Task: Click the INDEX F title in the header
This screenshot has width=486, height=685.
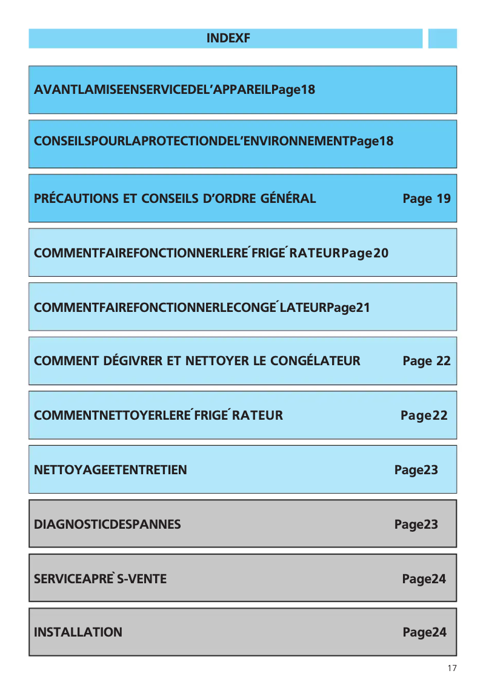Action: click(228, 39)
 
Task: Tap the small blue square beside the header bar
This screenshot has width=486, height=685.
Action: click(442, 39)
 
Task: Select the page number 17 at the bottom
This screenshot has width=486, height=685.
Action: click(451, 668)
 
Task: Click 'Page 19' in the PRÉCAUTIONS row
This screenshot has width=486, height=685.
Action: click(427, 199)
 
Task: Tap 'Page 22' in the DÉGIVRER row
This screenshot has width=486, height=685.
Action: click(427, 362)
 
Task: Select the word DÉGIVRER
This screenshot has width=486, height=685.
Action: click(133, 362)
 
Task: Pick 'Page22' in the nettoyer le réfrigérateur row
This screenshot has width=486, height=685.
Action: click(424, 415)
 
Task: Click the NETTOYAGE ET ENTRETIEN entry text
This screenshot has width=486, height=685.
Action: click(110, 470)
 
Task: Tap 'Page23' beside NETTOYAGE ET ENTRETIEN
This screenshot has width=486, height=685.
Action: click(416, 470)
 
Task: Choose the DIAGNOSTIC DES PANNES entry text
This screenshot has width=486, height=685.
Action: click(107, 525)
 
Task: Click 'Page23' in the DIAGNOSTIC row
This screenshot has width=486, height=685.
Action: click(416, 525)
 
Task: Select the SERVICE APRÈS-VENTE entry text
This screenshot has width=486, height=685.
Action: click(100, 579)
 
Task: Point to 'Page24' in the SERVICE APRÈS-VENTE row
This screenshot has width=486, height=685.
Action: click(424, 579)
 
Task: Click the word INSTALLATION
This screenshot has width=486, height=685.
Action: click(78, 632)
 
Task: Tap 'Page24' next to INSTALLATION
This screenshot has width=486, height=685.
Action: click(425, 632)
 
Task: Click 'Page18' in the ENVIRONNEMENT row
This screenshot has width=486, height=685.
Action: click(371, 142)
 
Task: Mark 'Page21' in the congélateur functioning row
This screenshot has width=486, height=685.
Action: click(348, 308)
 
